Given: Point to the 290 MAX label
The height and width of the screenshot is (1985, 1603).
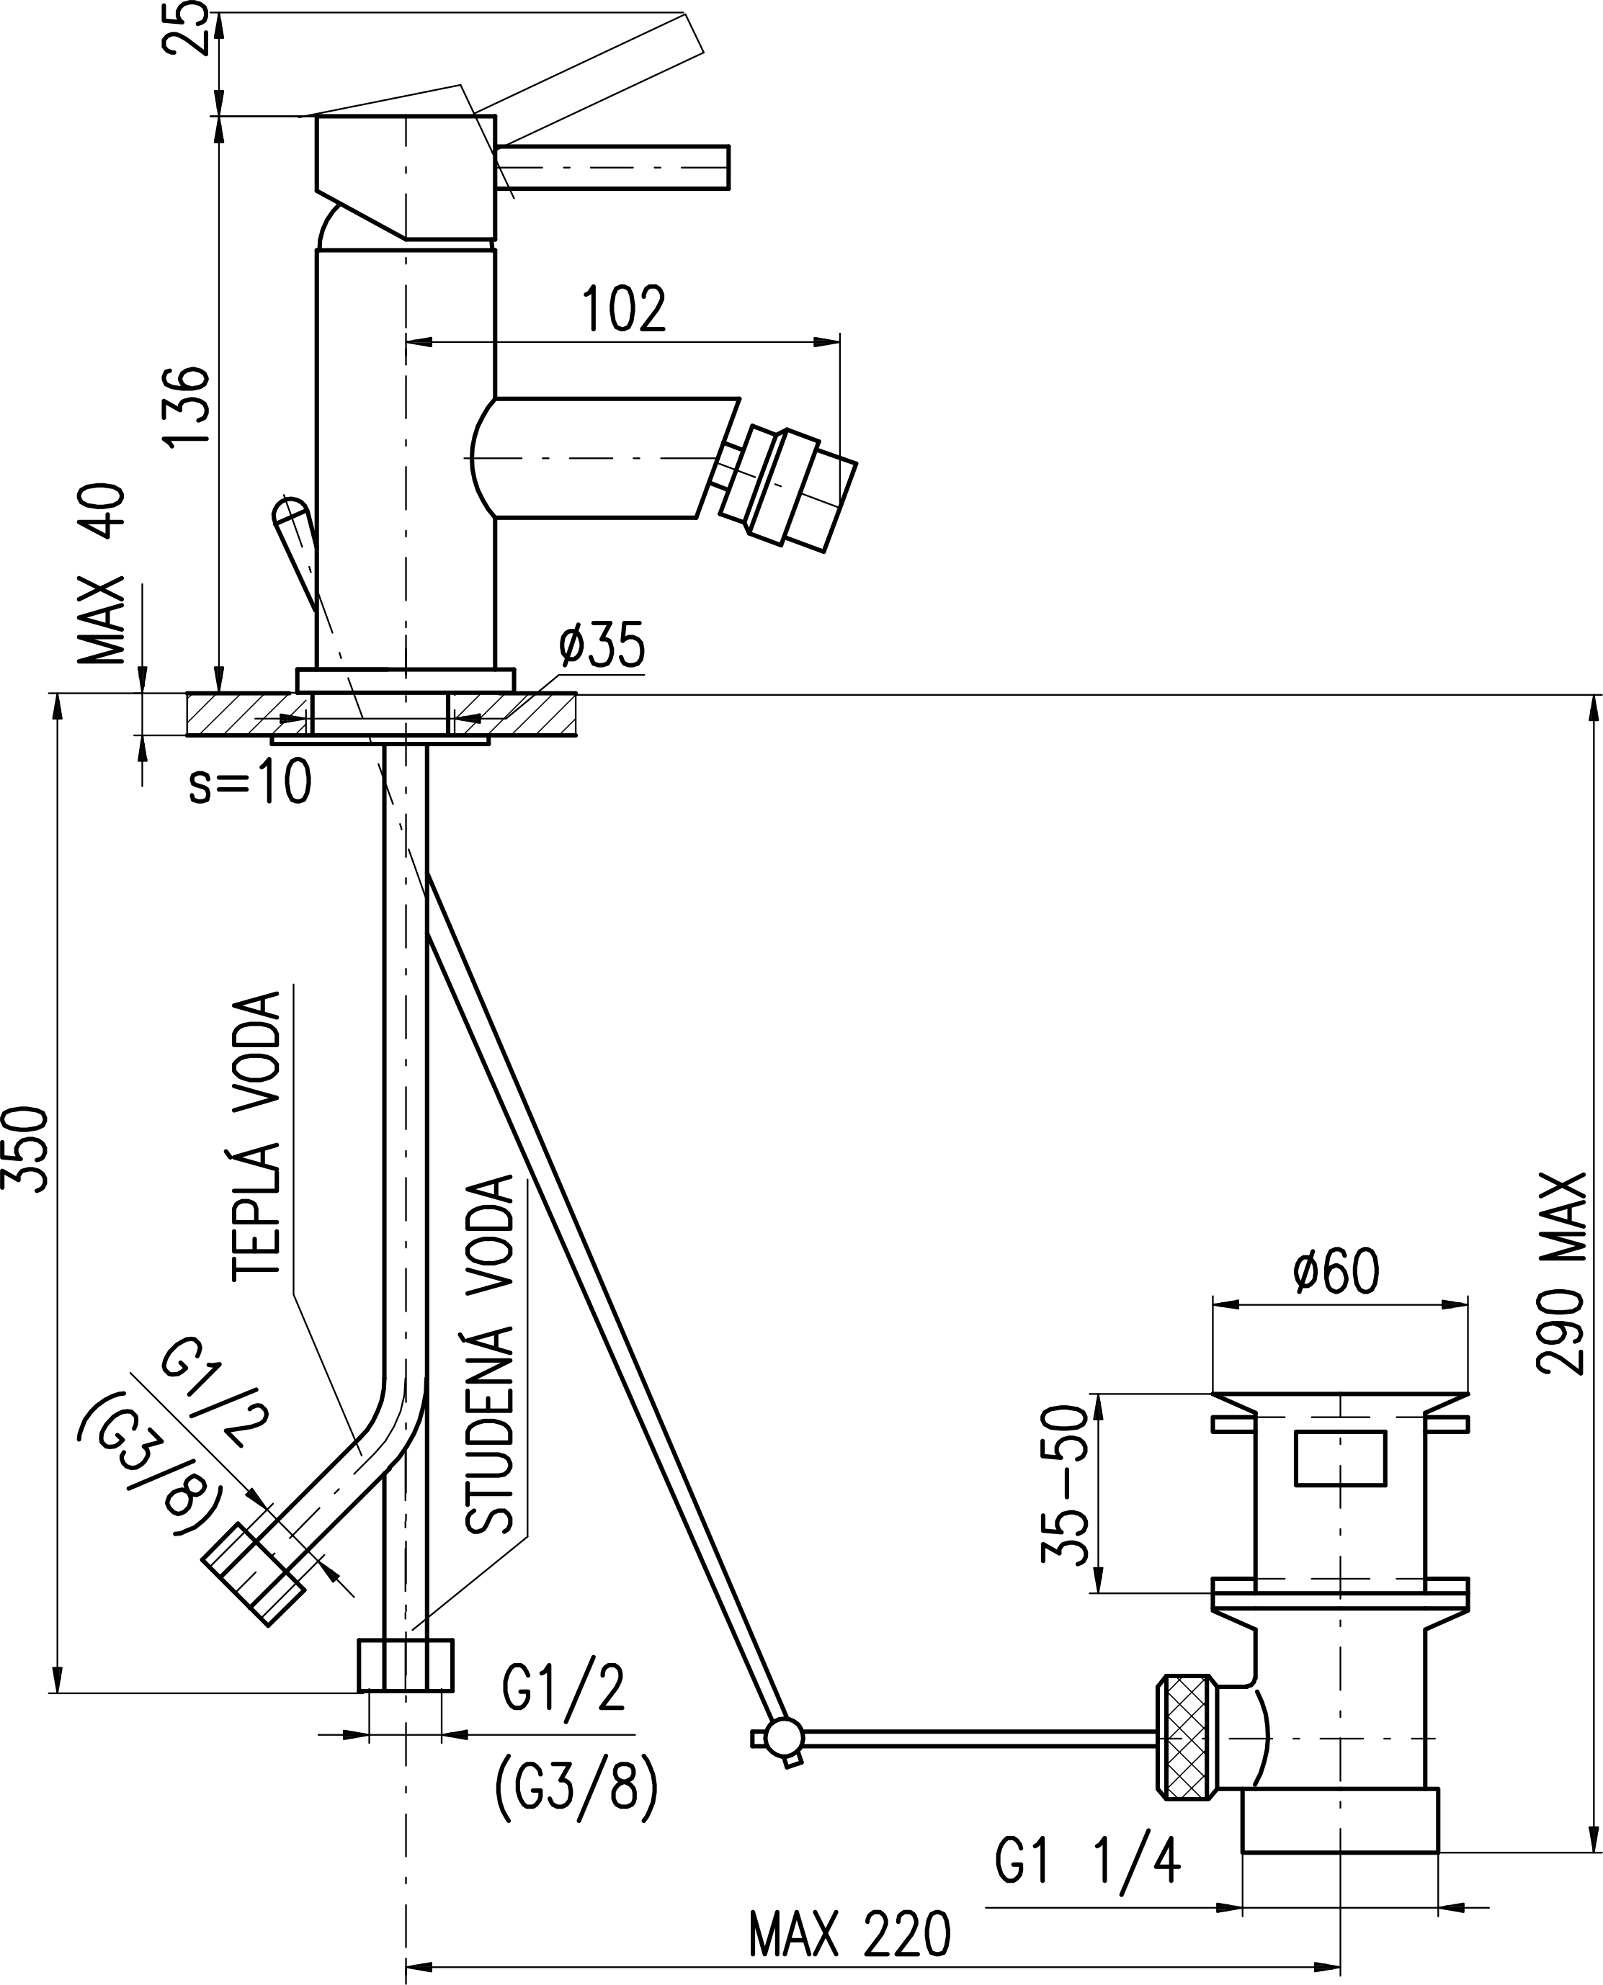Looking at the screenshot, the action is coord(1561,1274).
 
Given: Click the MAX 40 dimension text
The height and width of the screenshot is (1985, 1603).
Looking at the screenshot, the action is coord(102,573).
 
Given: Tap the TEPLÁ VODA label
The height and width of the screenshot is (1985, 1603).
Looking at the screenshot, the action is coord(256,1136).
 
